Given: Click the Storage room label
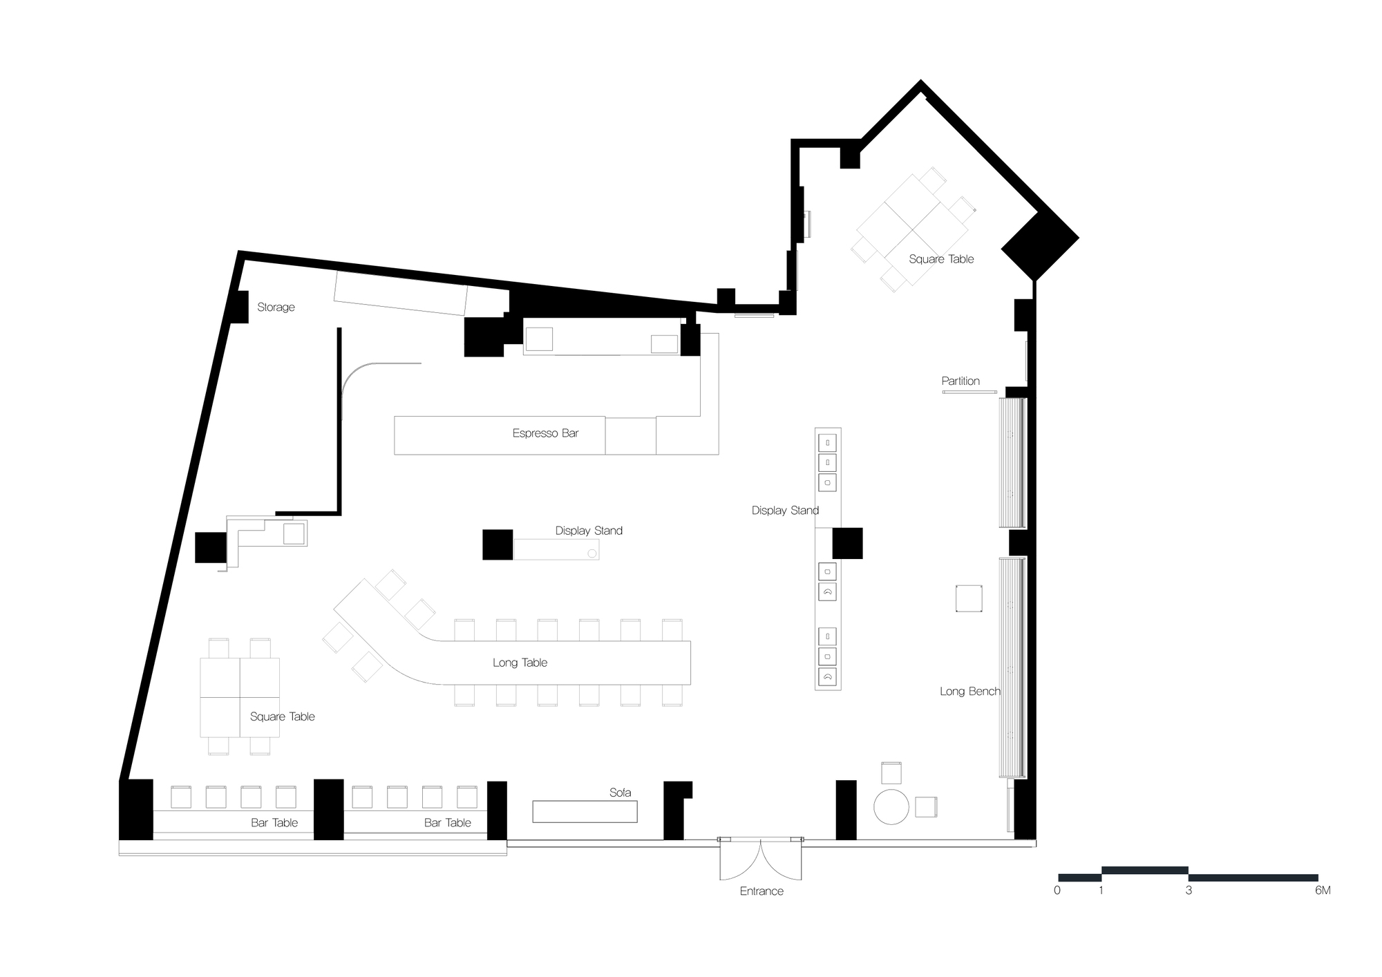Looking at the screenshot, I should click(276, 307).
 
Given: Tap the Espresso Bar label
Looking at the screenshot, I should click(545, 433).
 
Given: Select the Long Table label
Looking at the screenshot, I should click(520, 663).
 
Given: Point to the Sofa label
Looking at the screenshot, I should click(620, 793).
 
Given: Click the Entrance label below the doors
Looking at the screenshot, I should click(761, 891).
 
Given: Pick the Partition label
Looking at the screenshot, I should click(960, 381).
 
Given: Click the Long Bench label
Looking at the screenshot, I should click(969, 691).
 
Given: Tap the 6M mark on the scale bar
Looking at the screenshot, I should click(1322, 891).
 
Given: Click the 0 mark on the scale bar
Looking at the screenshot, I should click(1057, 891).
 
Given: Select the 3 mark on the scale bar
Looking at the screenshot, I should click(1189, 891).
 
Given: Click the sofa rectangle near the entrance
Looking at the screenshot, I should click(585, 811).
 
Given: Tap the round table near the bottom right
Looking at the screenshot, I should click(891, 806).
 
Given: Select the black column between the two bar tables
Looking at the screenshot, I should click(329, 809).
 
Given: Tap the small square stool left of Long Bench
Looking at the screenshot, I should click(969, 598).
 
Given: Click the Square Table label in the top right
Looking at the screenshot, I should click(941, 259).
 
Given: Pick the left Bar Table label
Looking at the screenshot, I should click(274, 823).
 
